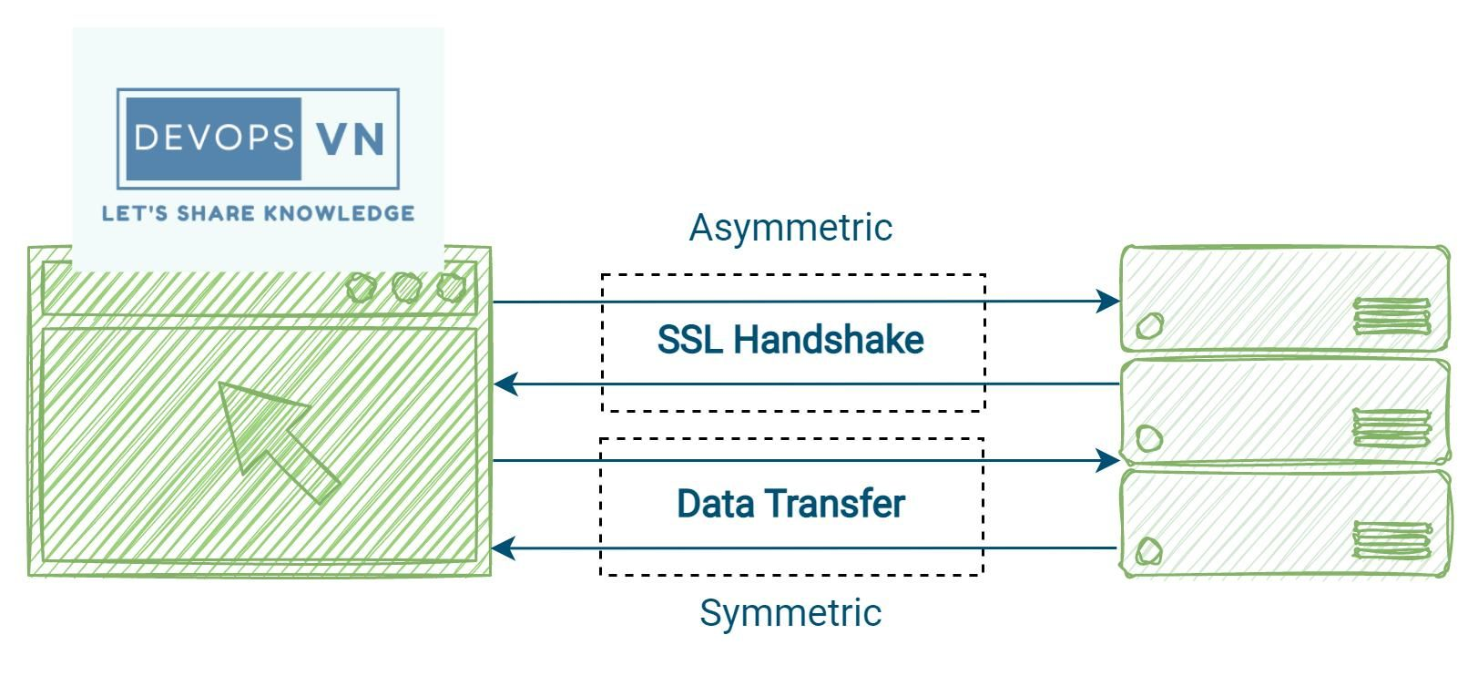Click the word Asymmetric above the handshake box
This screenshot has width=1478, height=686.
pyautogui.click(x=790, y=228)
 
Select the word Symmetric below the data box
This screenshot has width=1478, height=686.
pyautogui.click(x=790, y=612)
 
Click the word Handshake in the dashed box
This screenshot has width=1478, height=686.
pyautogui.click(x=829, y=340)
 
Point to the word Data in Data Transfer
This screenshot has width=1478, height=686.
pyautogui.click(x=716, y=504)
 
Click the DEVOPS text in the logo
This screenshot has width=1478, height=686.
pyautogui.click(x=214, y=138)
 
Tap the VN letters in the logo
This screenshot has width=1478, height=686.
pyautogui.click(x=351, y=138)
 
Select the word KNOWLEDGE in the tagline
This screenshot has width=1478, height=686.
pyautogui.click(x=338, y=214)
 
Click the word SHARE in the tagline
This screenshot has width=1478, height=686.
pyautogui.click(x=215, y=214)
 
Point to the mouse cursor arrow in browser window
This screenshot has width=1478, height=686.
pyautogui.click(x=273, y=437)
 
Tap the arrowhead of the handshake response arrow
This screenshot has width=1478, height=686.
pyautogui.click(x=505, y=384)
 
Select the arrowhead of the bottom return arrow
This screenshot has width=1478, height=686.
pyautogui.click(x=503, y=548)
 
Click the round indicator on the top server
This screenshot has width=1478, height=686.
pyautogui.click(x=1150, y=324)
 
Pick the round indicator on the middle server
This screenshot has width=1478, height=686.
pyautogui.click(x=1149, y=439)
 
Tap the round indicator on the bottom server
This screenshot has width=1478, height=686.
pyautogui.click(x=1149, y=551)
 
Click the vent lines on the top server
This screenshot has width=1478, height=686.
pyautogui.click(x=1391, y=317)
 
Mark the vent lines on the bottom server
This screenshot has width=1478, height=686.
pyautogui.click(x=1391, y=539)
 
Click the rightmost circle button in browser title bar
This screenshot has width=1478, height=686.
pyautogui.click(x=451, y=287)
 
